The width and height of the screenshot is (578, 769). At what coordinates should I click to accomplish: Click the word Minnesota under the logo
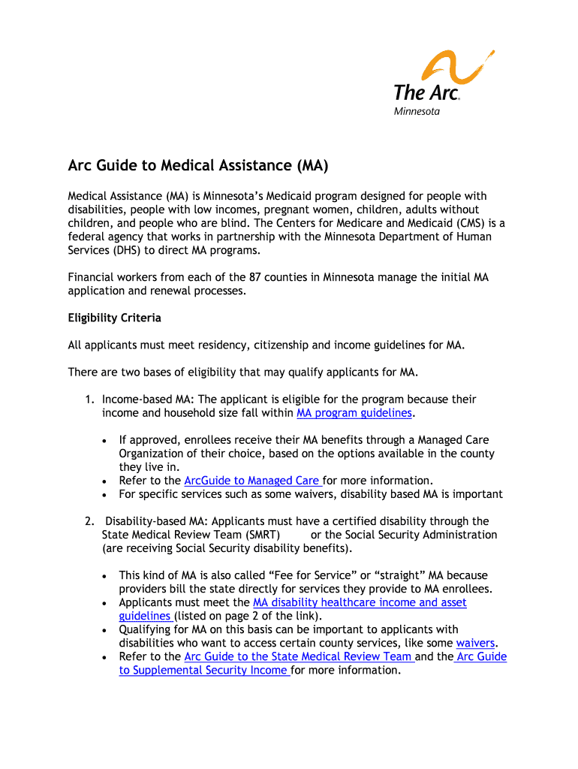[417, 112]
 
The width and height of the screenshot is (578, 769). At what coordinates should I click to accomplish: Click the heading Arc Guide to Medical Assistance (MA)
[198, 164]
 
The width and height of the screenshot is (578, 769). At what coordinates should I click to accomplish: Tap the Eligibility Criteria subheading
[114, 318]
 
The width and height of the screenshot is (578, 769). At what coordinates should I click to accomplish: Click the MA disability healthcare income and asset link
[360, 602]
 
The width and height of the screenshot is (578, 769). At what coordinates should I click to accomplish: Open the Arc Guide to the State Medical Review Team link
[299, 656]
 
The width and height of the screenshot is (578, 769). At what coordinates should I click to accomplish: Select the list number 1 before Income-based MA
[88, 400]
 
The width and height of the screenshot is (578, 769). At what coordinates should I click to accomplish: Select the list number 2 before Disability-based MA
[88, 521]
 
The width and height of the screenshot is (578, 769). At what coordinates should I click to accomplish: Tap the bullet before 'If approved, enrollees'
[105, 441]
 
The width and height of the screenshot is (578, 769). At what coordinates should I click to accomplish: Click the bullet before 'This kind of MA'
[105, 576]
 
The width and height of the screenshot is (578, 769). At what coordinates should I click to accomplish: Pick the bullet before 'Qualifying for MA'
[105, 630]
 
